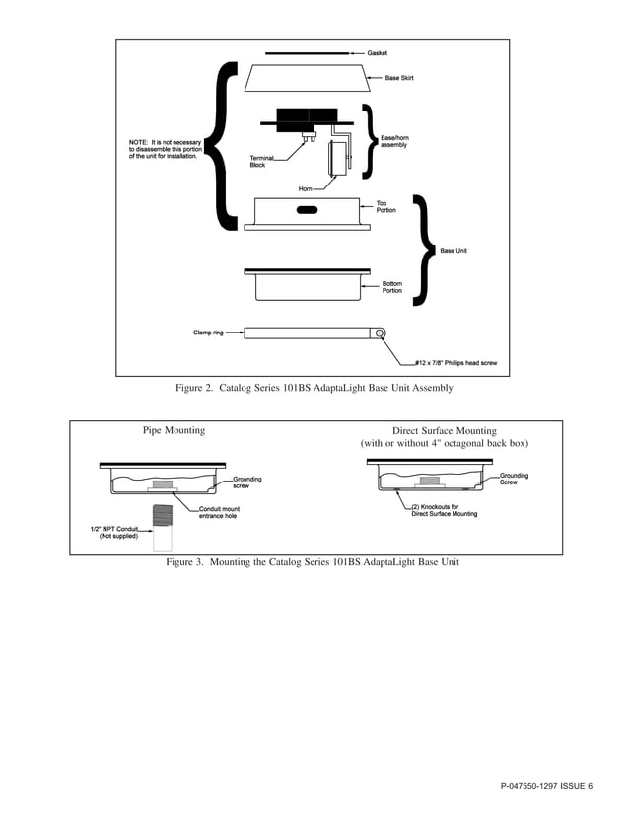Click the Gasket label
pos(380,52)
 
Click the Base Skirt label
pos(399,77)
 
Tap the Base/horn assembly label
pos(394,142)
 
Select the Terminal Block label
pos(262,162)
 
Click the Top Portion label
pos(385,208)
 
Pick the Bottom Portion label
pos(392,288)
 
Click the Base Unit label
pos(453,251)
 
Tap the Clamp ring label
pos(209,333)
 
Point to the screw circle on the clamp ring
pos(379,333)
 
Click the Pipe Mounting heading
pos(174,431)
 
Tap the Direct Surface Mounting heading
pos(445,431)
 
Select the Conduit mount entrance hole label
pos(219,512)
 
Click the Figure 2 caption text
pos(314,389)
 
